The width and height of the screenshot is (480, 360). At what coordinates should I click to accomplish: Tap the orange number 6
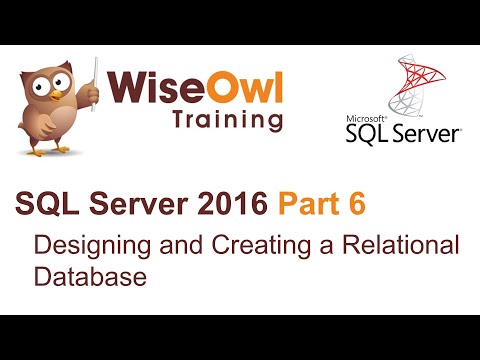(354, 204)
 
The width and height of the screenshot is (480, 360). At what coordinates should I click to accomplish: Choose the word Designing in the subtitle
(82, 245)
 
